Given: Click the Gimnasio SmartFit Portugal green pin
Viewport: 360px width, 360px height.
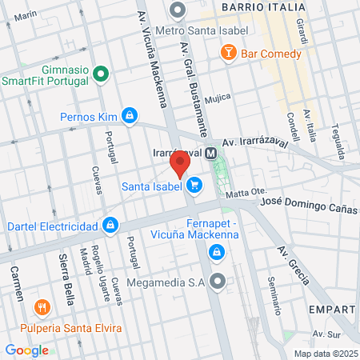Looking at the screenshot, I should pyautogui.click(x=101, y=75).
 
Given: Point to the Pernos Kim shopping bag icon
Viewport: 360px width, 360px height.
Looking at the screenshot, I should pyautogui.click(x=129, y=117).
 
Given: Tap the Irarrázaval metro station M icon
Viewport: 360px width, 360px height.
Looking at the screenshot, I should pyautogui.click(x=211, y=153).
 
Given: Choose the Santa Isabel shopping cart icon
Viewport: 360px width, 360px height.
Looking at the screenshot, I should pyautogui.click(x=193, y=186).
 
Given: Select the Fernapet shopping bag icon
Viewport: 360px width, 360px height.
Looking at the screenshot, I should pyautogui.click(x=215, y=254).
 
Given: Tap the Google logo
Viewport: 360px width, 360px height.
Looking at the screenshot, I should pyautogui.click(x=26, y=350).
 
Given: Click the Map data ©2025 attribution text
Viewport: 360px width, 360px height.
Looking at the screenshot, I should pyautogui.click(x=326, y=354).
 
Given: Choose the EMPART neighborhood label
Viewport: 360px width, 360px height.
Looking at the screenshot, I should pyautogui.click(x=334, y=308).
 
